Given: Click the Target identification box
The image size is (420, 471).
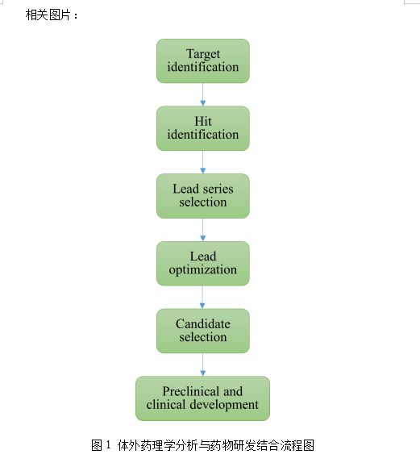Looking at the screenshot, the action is coord(203,60).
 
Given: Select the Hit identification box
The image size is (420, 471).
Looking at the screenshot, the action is coord(203,128).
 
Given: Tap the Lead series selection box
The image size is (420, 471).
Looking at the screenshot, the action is coord(203,196).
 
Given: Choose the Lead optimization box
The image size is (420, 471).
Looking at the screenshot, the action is coord(203,264).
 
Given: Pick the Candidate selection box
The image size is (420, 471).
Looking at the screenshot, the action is coord(203,331).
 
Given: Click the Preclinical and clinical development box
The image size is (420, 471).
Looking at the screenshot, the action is coord(202,398).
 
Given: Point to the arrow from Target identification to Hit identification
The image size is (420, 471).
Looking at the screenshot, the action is coord(202,94).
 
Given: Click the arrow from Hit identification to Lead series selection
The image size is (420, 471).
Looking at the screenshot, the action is coord(202,162).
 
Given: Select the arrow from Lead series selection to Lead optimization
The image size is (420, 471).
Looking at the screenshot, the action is coord(202,230).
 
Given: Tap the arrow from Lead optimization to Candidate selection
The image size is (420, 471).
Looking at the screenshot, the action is coord(202,298).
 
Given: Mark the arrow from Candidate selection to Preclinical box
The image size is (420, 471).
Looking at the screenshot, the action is coord(202,365).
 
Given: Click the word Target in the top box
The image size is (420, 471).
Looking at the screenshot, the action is coord(203,54).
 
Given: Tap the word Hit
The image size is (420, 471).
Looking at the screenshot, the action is coord(203,121).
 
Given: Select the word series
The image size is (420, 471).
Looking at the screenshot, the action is coord(218,189).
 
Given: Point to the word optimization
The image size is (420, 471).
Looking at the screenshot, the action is coord(203,269).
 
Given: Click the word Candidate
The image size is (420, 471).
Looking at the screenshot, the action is coord(203,324).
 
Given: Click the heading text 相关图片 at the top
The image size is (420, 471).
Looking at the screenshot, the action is coord(48,15).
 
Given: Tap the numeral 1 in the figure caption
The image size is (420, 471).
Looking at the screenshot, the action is coord(108,445).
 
